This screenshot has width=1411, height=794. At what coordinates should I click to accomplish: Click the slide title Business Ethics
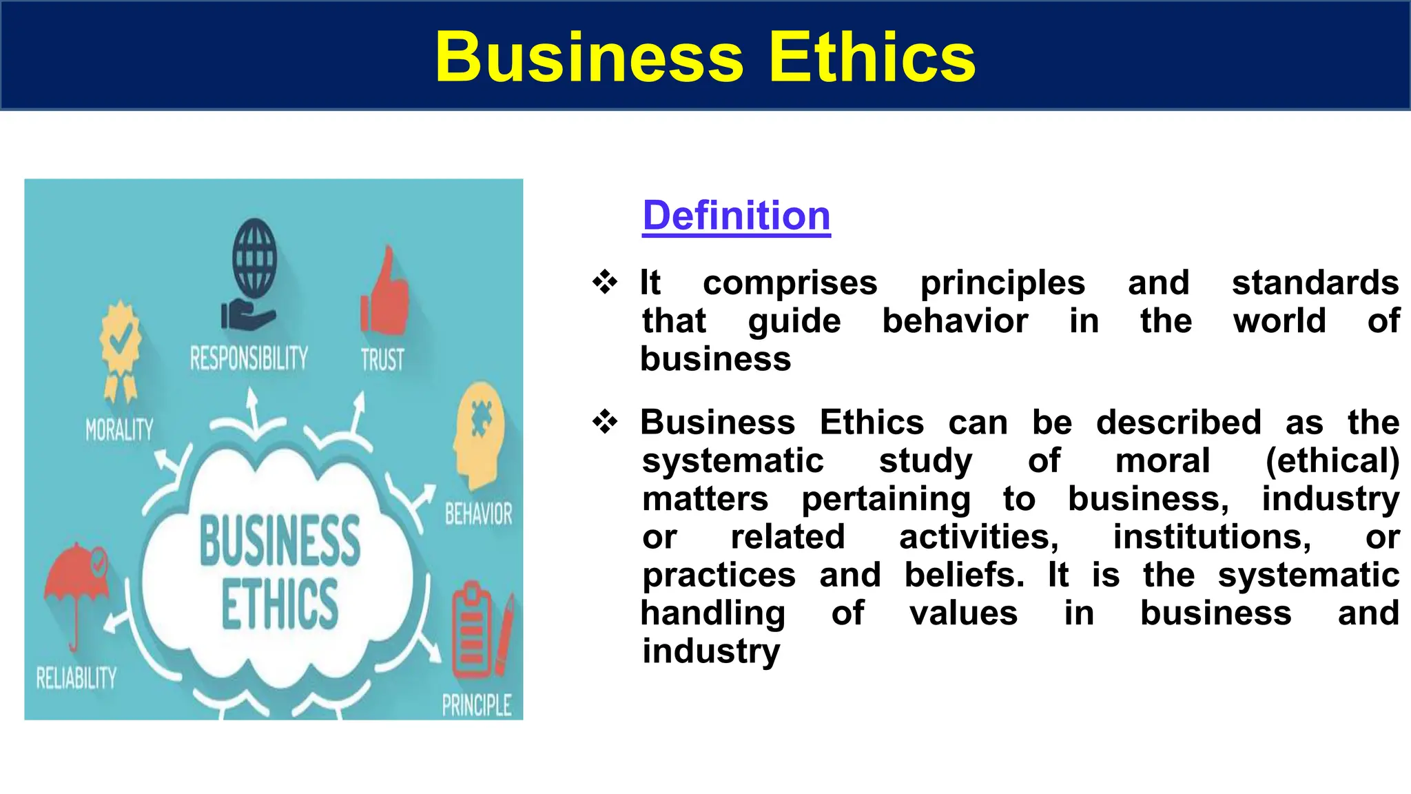(705, 57)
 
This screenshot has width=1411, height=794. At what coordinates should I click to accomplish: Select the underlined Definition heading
(736, 216)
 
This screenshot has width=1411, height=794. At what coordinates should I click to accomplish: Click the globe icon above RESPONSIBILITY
(254, 258)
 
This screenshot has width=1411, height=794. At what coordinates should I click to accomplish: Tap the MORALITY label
(119, 430)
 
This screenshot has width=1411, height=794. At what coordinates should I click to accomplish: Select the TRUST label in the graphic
(382, 360)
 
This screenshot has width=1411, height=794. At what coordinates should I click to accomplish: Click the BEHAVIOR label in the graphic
(478, 514)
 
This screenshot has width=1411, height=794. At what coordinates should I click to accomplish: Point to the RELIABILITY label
(76, 678)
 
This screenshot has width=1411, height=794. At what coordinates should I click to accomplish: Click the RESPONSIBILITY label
(249, 358)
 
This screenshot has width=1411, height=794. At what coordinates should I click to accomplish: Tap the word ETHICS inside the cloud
(280, 604)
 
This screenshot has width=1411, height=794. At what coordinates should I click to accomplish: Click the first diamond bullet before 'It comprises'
(605, 283)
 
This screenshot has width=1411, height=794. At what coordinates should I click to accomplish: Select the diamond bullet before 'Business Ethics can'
(605, 422)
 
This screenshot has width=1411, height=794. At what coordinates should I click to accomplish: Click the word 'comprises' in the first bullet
(790, 283)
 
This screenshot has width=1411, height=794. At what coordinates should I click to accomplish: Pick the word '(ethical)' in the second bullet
(1332, 460)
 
